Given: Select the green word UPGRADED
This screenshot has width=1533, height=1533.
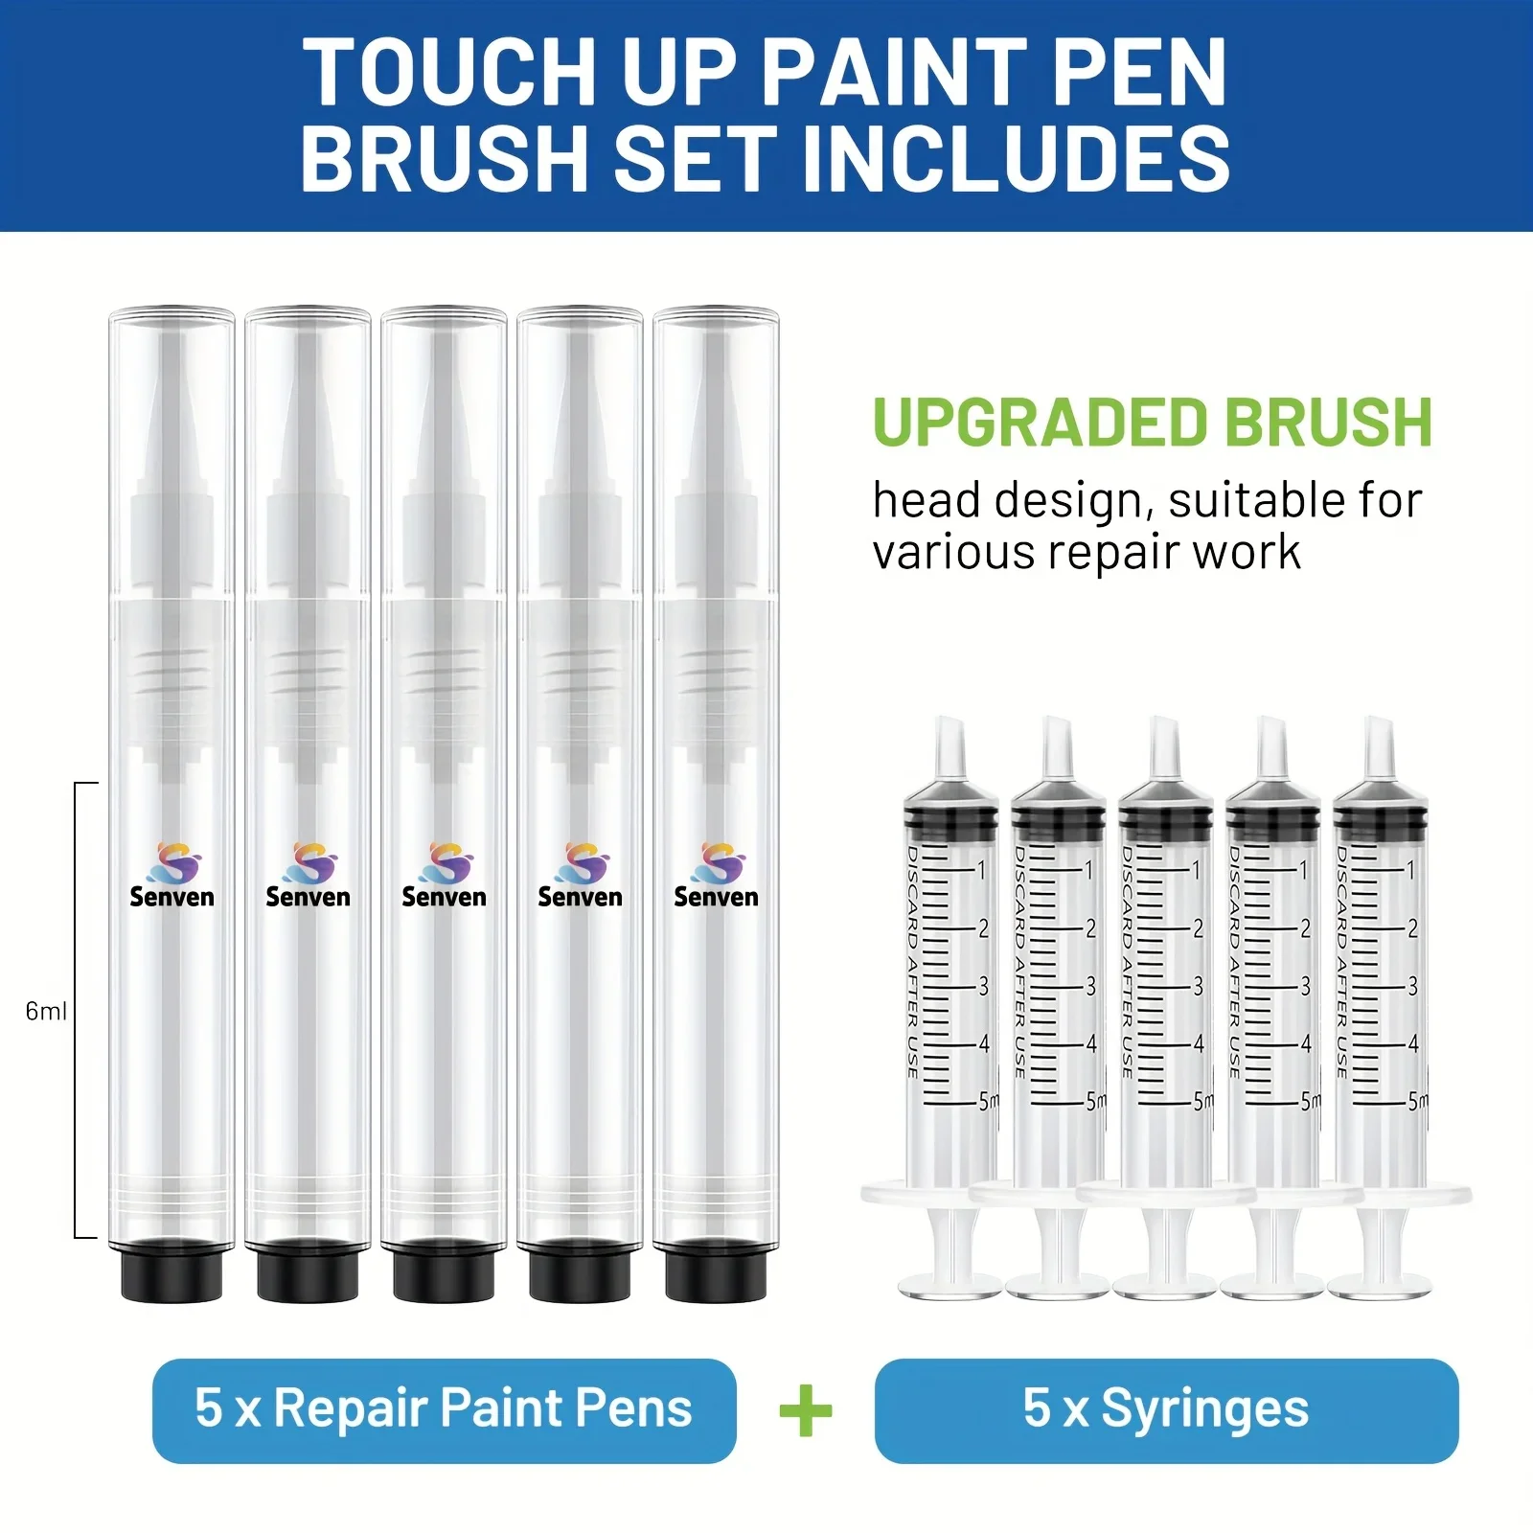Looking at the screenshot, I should pyautogui.click(x=1040, y=423).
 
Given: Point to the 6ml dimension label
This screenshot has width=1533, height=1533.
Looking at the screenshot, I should pyautogui.click(x=45, y=1012).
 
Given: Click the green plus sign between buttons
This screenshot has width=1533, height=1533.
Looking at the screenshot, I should pyautogui.click(x=806, y=1410).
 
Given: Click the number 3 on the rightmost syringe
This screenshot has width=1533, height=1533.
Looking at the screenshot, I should pyautogui.click(x=1412, y=986).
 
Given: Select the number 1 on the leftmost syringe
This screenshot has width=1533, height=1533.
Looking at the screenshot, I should pyautogui.click(x=982, y=870).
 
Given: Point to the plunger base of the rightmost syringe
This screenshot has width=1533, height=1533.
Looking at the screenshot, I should pyautogui.click(x=1381, y=1284).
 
